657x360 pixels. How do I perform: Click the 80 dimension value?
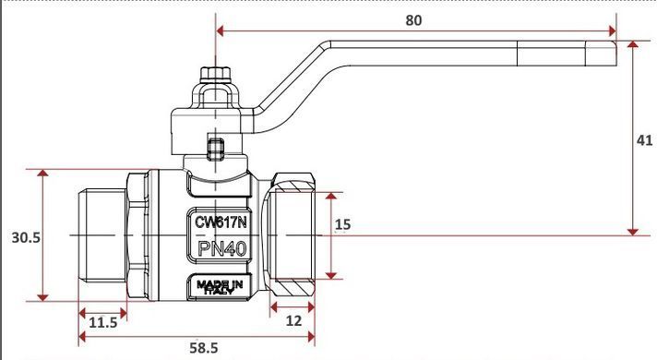tap(413, 20)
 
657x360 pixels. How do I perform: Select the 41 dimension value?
tap(644, 140)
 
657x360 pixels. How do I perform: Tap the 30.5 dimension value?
tap(26, 237)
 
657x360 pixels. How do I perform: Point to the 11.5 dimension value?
tap(103, 323)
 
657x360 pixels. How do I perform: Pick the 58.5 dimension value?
tap(204, 348)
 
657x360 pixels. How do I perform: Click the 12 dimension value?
tap(293, 321)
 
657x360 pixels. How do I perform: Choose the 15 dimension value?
tap(342, 224)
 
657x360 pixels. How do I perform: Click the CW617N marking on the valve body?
tap(221, 222)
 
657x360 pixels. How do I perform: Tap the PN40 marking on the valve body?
tap(221, 249)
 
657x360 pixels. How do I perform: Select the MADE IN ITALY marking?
tap(220, 287)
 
